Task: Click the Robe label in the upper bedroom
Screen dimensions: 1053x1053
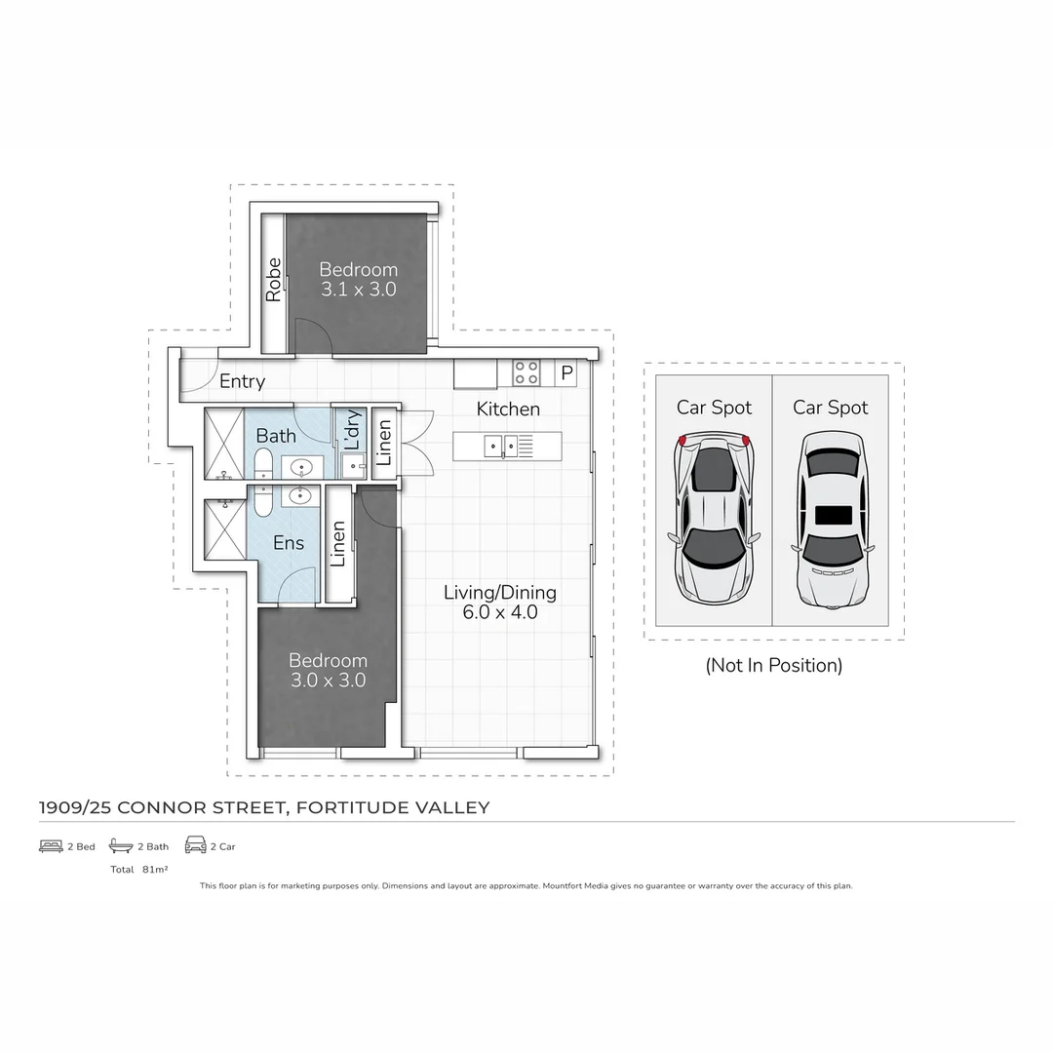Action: click(274, 279)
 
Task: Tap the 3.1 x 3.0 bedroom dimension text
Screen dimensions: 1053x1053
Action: click(359, 290)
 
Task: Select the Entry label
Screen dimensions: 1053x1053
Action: click(242, 381)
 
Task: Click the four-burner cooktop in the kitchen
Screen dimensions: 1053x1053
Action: click(526, 372)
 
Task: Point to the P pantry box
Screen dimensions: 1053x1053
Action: click(566, 373)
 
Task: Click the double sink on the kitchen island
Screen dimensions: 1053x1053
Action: click(501, 447)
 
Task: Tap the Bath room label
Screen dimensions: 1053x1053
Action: click(276, 435)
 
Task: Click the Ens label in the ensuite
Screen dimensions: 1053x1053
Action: click(289, 543)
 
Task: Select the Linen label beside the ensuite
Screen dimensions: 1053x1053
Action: click(338, 544)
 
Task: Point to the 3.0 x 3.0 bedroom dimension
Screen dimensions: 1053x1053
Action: click(328, 681)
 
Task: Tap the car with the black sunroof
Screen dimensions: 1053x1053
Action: click(832, 517)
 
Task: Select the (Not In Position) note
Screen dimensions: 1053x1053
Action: click(773, 666)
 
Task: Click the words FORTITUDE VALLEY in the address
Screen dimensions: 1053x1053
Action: click(393, 807)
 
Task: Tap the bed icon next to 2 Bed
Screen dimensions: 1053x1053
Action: click(51, 846)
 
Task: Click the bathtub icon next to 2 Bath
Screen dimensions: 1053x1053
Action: click(121, 846)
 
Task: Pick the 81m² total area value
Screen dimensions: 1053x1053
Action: click(155, 869)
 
